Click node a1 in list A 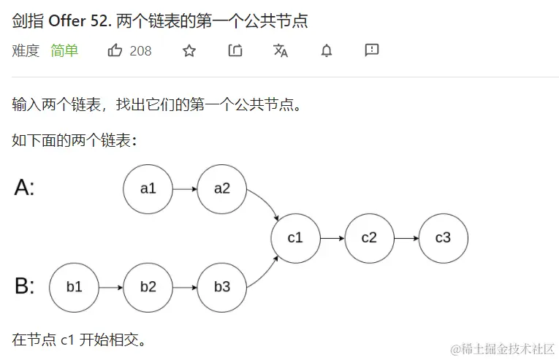[148, 188]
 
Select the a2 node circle [222, 188]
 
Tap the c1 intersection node [295, 238]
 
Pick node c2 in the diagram [369, 238]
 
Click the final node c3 [443, 238]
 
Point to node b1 [74, 287]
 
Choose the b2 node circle [148, 287]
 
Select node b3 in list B [222, 287]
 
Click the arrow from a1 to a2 [185, 188]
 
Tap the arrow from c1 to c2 [332, 238]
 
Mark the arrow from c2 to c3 [406, 238]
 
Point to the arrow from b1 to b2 [110, 287]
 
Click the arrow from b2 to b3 [185, 287]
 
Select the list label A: [24, 188]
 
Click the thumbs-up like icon [115, 50]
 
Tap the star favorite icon [189, 50]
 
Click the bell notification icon [327, 50]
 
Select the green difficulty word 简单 [64, 50]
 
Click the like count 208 [140, 50]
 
